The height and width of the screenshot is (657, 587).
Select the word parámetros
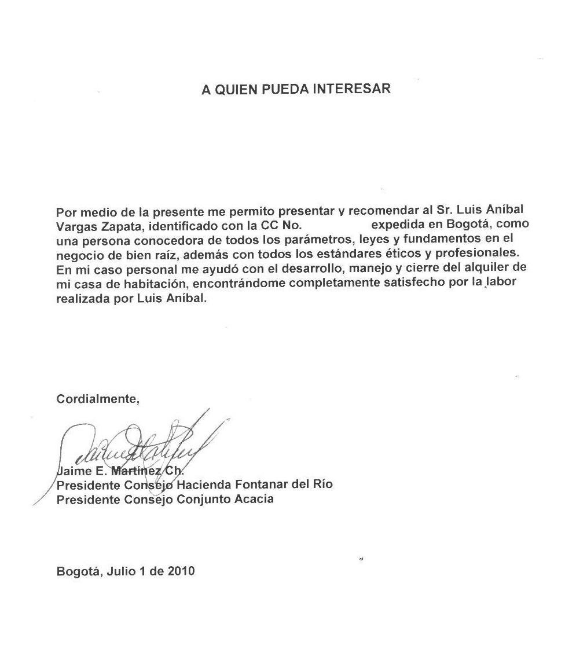[318, 239]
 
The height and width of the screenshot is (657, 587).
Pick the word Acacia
[254, 498]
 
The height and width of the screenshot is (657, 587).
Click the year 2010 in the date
[181, 571]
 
